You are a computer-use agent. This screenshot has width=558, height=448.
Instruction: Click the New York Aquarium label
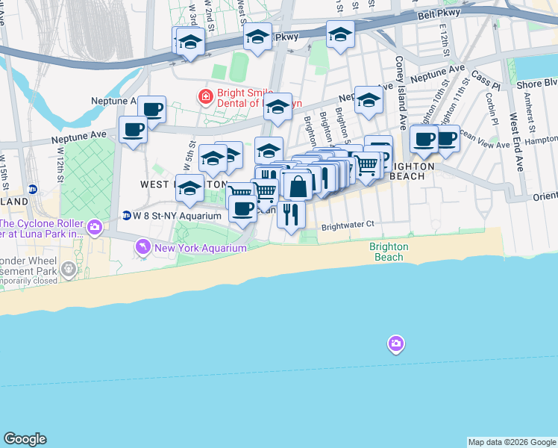click(200, 247)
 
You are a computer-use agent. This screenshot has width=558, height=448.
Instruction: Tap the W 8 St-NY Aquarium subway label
click(177, 216)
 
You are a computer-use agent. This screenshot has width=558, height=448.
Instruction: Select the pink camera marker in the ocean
click(396, 344)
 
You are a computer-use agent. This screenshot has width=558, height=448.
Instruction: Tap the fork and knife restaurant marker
click(291, 214)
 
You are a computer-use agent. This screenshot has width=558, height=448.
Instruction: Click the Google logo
click(25, 439)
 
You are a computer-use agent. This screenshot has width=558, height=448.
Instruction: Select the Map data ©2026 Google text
click(512, 442)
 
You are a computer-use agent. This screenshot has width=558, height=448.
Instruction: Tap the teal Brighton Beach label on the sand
click(389, 252)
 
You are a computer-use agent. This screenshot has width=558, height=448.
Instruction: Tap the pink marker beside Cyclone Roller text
click(95, 226)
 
